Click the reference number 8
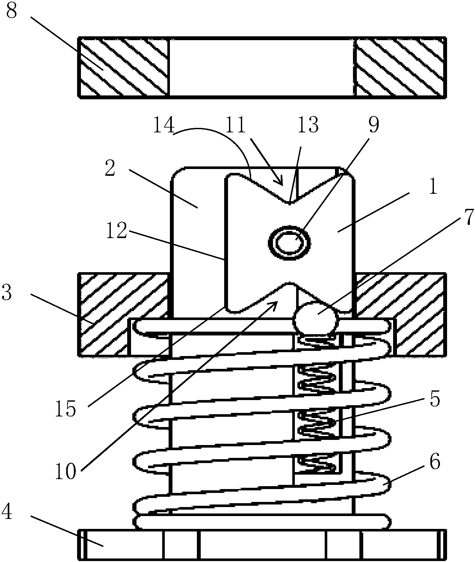tap(12, 11)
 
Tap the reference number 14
tap(164, 126)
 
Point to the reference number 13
tap(308, 126)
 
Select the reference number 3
tap(7, 293)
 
